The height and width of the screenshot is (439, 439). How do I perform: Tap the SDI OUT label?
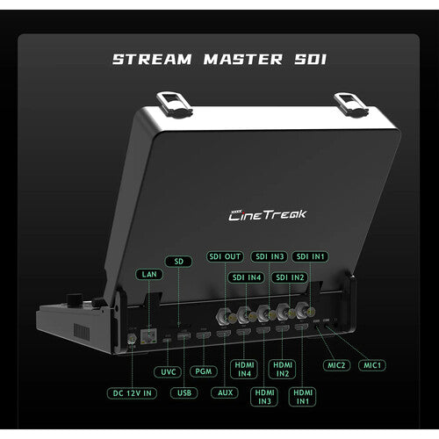pos(225,255)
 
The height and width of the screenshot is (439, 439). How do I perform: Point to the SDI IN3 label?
pos(269,255)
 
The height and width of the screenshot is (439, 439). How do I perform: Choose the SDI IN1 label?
pos(311,255)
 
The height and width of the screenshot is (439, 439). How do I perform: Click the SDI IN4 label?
pos(247,277)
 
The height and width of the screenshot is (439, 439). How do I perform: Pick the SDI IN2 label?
pos(290,277)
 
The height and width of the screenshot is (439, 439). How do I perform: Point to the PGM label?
pos(204,371)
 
